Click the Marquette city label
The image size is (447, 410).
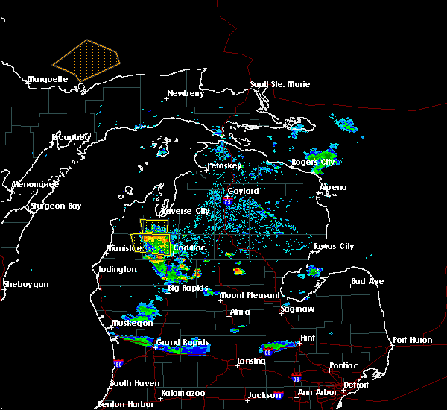[x=48, y=79]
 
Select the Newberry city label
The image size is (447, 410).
[x=185, y=93]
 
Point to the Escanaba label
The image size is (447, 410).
[x=70, y=137]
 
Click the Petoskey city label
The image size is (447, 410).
[x=224, y=165]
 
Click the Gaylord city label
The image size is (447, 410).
[x=243, y=191]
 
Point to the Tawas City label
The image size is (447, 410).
[x=332, y=246]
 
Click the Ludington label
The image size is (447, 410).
[x=117, y=269]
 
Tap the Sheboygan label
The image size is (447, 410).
[x=25, y=284]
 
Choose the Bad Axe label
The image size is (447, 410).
[x=367, y=281]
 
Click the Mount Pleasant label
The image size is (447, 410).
[x=250, y=295]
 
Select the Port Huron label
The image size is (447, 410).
[x=410, y=340]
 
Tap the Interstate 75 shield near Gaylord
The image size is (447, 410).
[x=228, y=201]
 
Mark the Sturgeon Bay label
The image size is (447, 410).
[x=54, y=206]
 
